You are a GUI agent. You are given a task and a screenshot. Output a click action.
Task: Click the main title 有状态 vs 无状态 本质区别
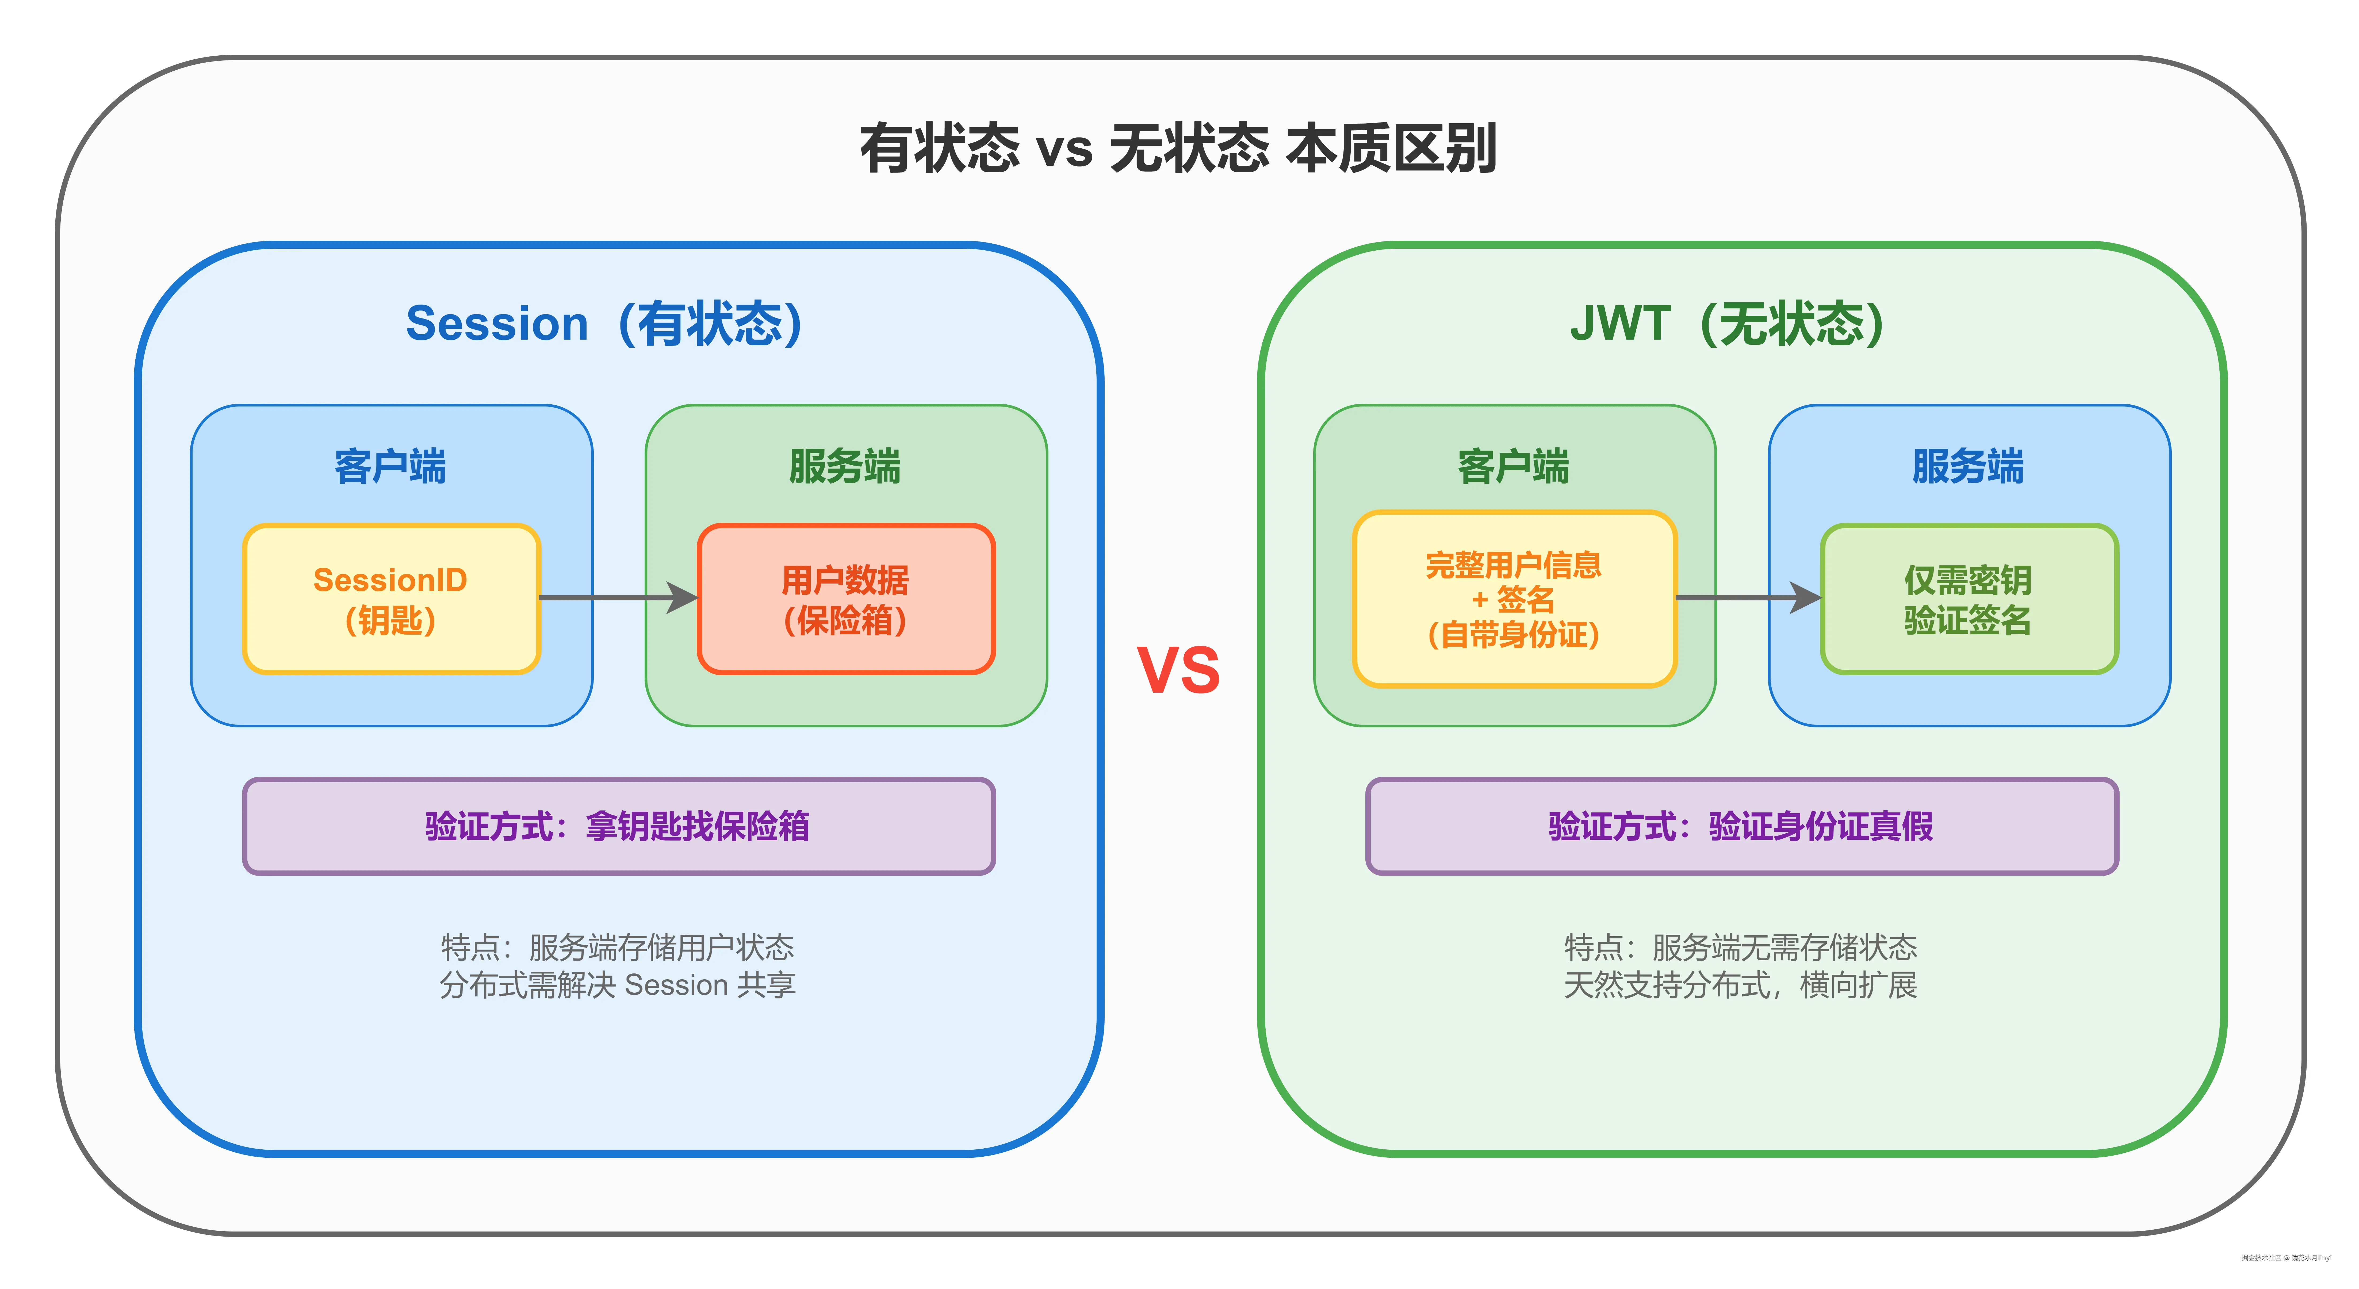coord(1179,148)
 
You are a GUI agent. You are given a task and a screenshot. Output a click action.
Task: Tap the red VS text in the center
coord(1179,670)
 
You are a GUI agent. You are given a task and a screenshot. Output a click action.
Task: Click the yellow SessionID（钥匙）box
coord(391,599)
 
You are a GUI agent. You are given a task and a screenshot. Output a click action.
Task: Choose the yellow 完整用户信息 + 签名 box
coord(1514,599)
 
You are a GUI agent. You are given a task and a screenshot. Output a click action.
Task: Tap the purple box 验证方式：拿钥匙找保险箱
coord(618,826)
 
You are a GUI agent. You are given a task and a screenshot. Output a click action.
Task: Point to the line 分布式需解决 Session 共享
coord(618,985)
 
